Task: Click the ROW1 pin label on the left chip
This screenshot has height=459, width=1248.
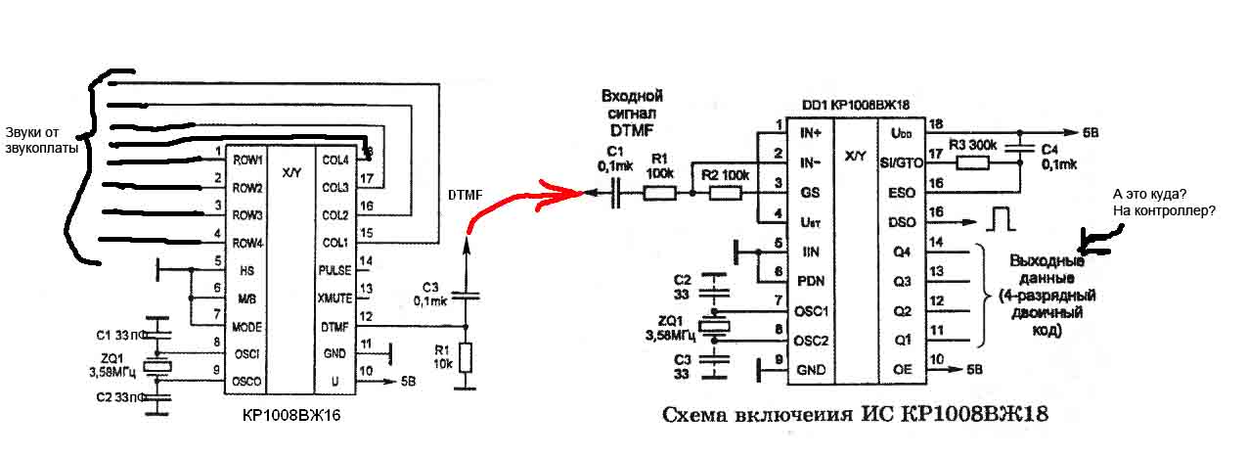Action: click(248, 160)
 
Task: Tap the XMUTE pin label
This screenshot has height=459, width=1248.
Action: click(334, 297)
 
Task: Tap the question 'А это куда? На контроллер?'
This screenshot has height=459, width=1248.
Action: click(1163, 202)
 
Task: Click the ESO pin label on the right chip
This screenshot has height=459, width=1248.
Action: click(901, 193)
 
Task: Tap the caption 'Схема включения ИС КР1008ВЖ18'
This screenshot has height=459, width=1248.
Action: click(854, 415)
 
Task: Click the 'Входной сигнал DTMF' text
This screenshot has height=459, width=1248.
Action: click(631, 112)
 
